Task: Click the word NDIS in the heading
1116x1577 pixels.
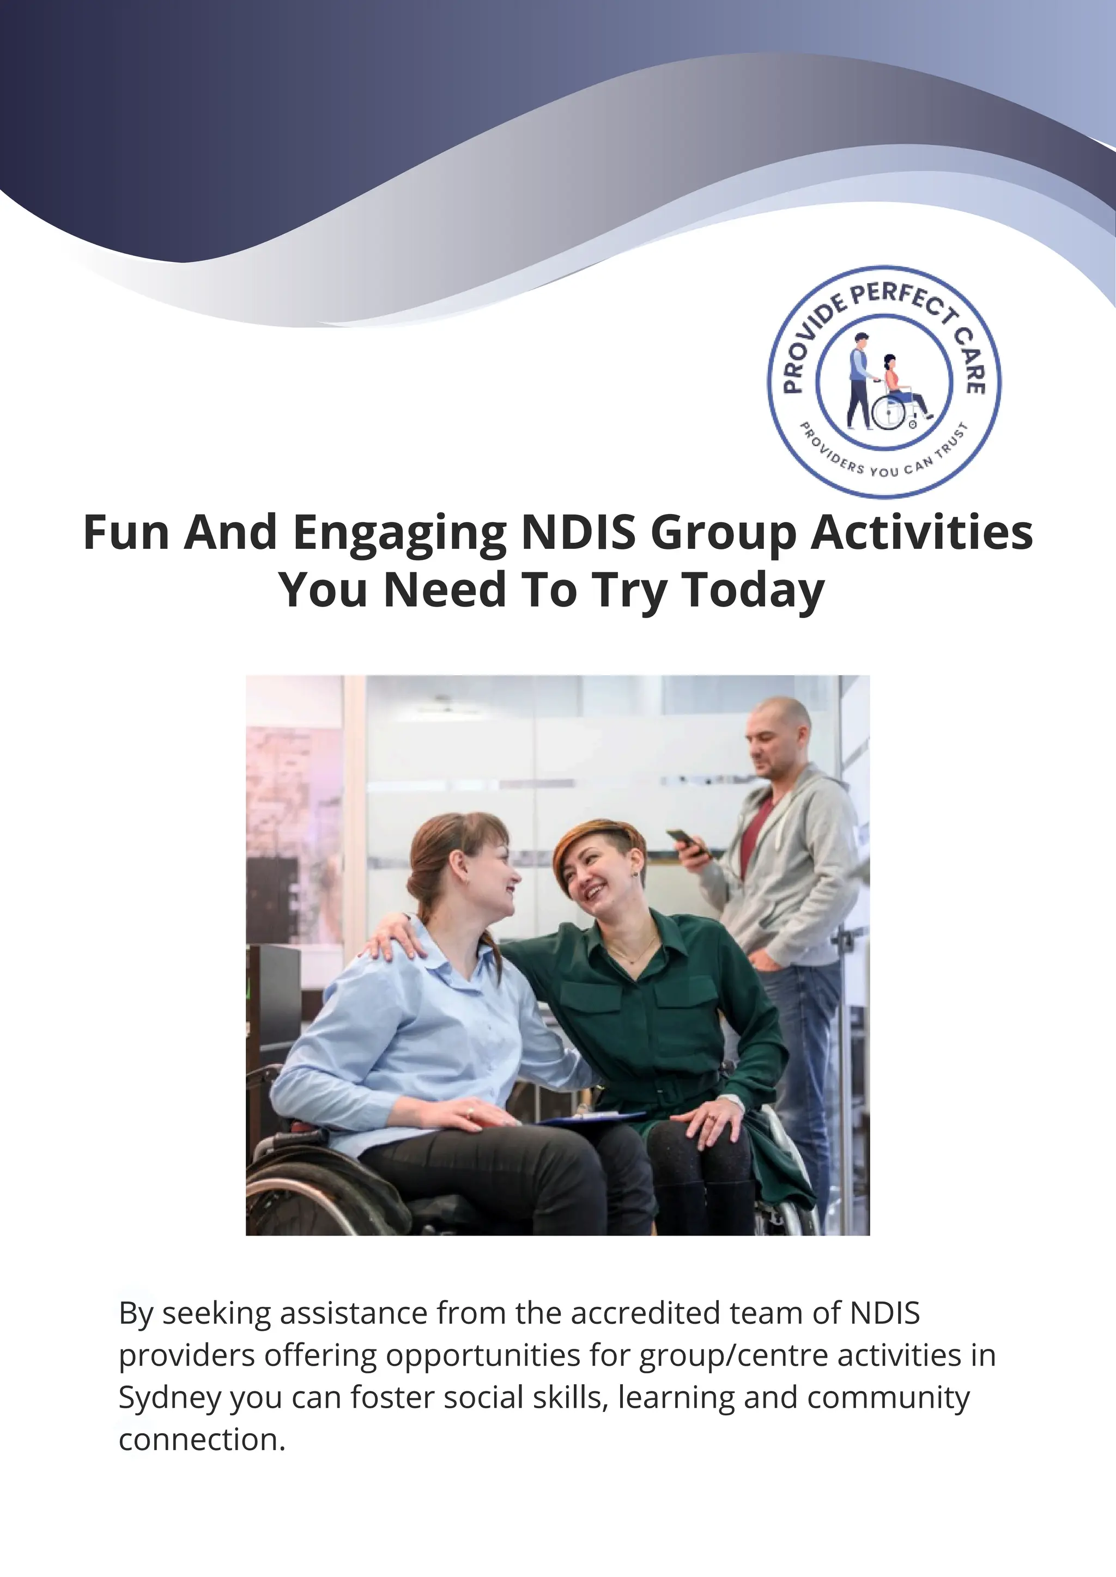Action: pyautogui.click(x=579, y=533)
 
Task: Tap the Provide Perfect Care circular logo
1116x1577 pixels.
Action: pyautogui.click(x=884, y=381)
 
